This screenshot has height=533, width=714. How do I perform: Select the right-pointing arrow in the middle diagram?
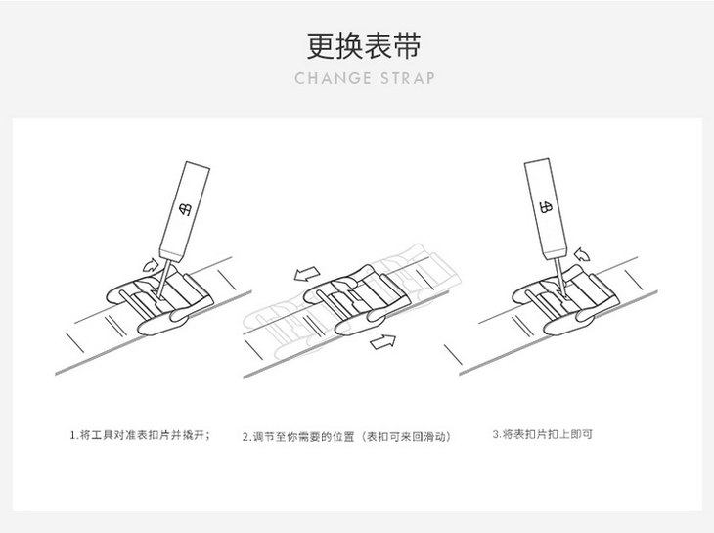tap(384, 341)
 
